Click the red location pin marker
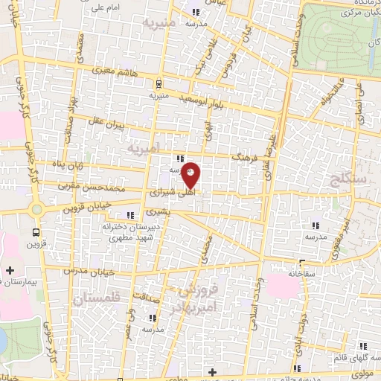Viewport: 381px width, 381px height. (x=191, y=174)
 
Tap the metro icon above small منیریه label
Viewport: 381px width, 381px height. (x=158, y=84)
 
